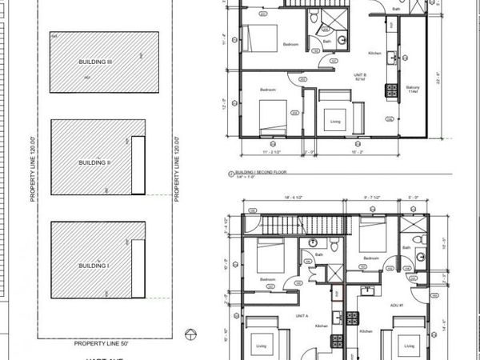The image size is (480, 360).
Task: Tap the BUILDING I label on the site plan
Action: (x=94, y=263)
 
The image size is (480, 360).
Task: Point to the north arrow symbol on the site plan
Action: (x=190, y=334)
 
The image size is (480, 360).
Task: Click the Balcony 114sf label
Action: (x=414, y=89)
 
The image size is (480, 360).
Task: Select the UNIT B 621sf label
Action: (x=361, y=77)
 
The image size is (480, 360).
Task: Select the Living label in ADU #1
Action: (x=408, y=346)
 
